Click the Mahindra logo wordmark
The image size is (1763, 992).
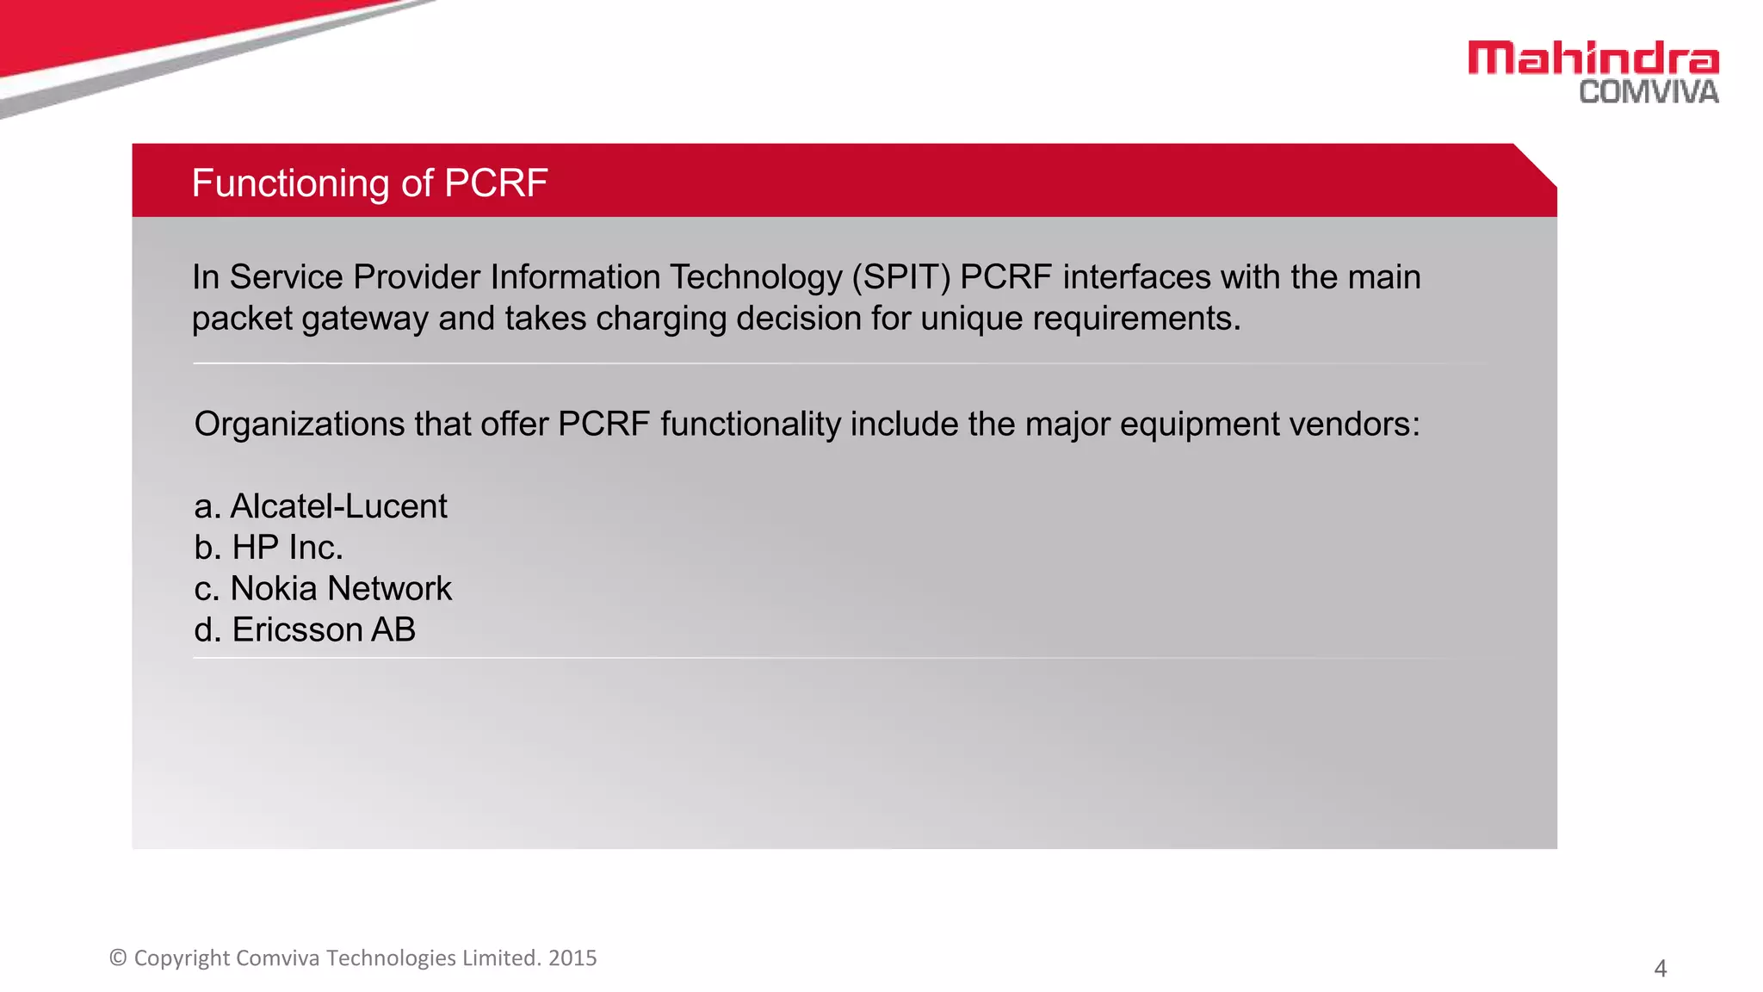pos(1593,59)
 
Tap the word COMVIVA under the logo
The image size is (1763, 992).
pos(1649,92)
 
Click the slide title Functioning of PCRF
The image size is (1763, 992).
pos(369,183)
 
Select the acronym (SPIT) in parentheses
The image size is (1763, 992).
pos(901,277)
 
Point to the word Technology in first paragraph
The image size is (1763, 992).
pos(755,277)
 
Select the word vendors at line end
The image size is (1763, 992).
pos(1364,425)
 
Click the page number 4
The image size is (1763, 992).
pos(1660,969)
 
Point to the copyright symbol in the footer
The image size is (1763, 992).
pos(119,958)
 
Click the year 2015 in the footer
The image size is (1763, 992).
pos(572,958)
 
